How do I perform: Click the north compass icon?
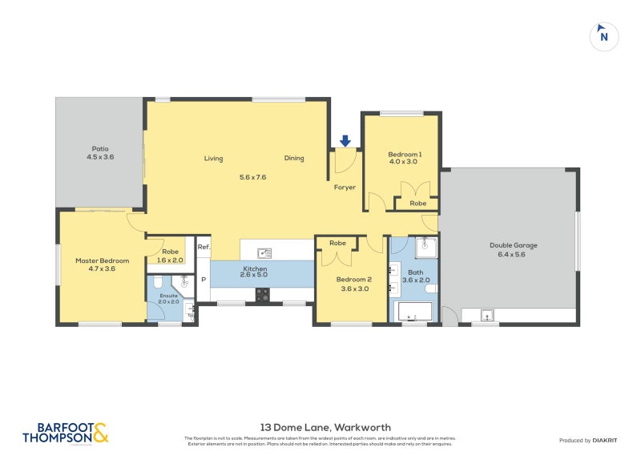pyautogui.click(x=604, y=35)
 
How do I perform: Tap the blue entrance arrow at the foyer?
pyautogui.click(x=345, y=141)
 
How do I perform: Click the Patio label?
pyautogui.click(x=100, y=148)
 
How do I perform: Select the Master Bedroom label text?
pyautogui.click(x=102, y=260)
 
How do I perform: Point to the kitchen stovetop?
pyautogui.click(x=262, y=294)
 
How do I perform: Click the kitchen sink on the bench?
pyautogui.click(x=264, y=253)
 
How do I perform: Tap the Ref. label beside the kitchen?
pyautogui.click(x=204, y=248)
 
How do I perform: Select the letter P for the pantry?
pyautogui.click(x=204, y=280)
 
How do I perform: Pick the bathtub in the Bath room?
pyautogui.click(x=413, y=311)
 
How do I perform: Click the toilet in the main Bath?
pyautogui.click(x=431, y=288)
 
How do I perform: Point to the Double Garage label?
pyautogui.click(x=514, y=245)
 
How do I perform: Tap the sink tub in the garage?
pyautogui.click(x=487, y=315)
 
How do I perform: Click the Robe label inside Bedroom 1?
pyautogui.click(x=417, y=204)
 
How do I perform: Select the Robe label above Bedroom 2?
pyautogui.click(x=337, y=243)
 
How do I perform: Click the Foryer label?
pyautogui.click(x=345, y=188)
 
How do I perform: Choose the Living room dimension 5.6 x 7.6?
pyautogui.click(x=252, y=177)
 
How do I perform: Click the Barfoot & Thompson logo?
pyautogui.click(x=65, y=434)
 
